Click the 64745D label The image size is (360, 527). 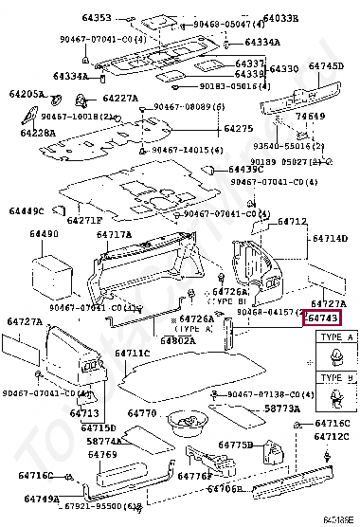[x=326, y=66]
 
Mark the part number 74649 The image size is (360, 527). [x=310, y=117]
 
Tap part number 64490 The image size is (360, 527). [x=44, y=233]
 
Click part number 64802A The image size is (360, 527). [x=178, y=339]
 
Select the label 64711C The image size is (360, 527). [x=132, y=354]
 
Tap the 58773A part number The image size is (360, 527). [x=281, y=409]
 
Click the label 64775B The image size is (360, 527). [x=234, y=445]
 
